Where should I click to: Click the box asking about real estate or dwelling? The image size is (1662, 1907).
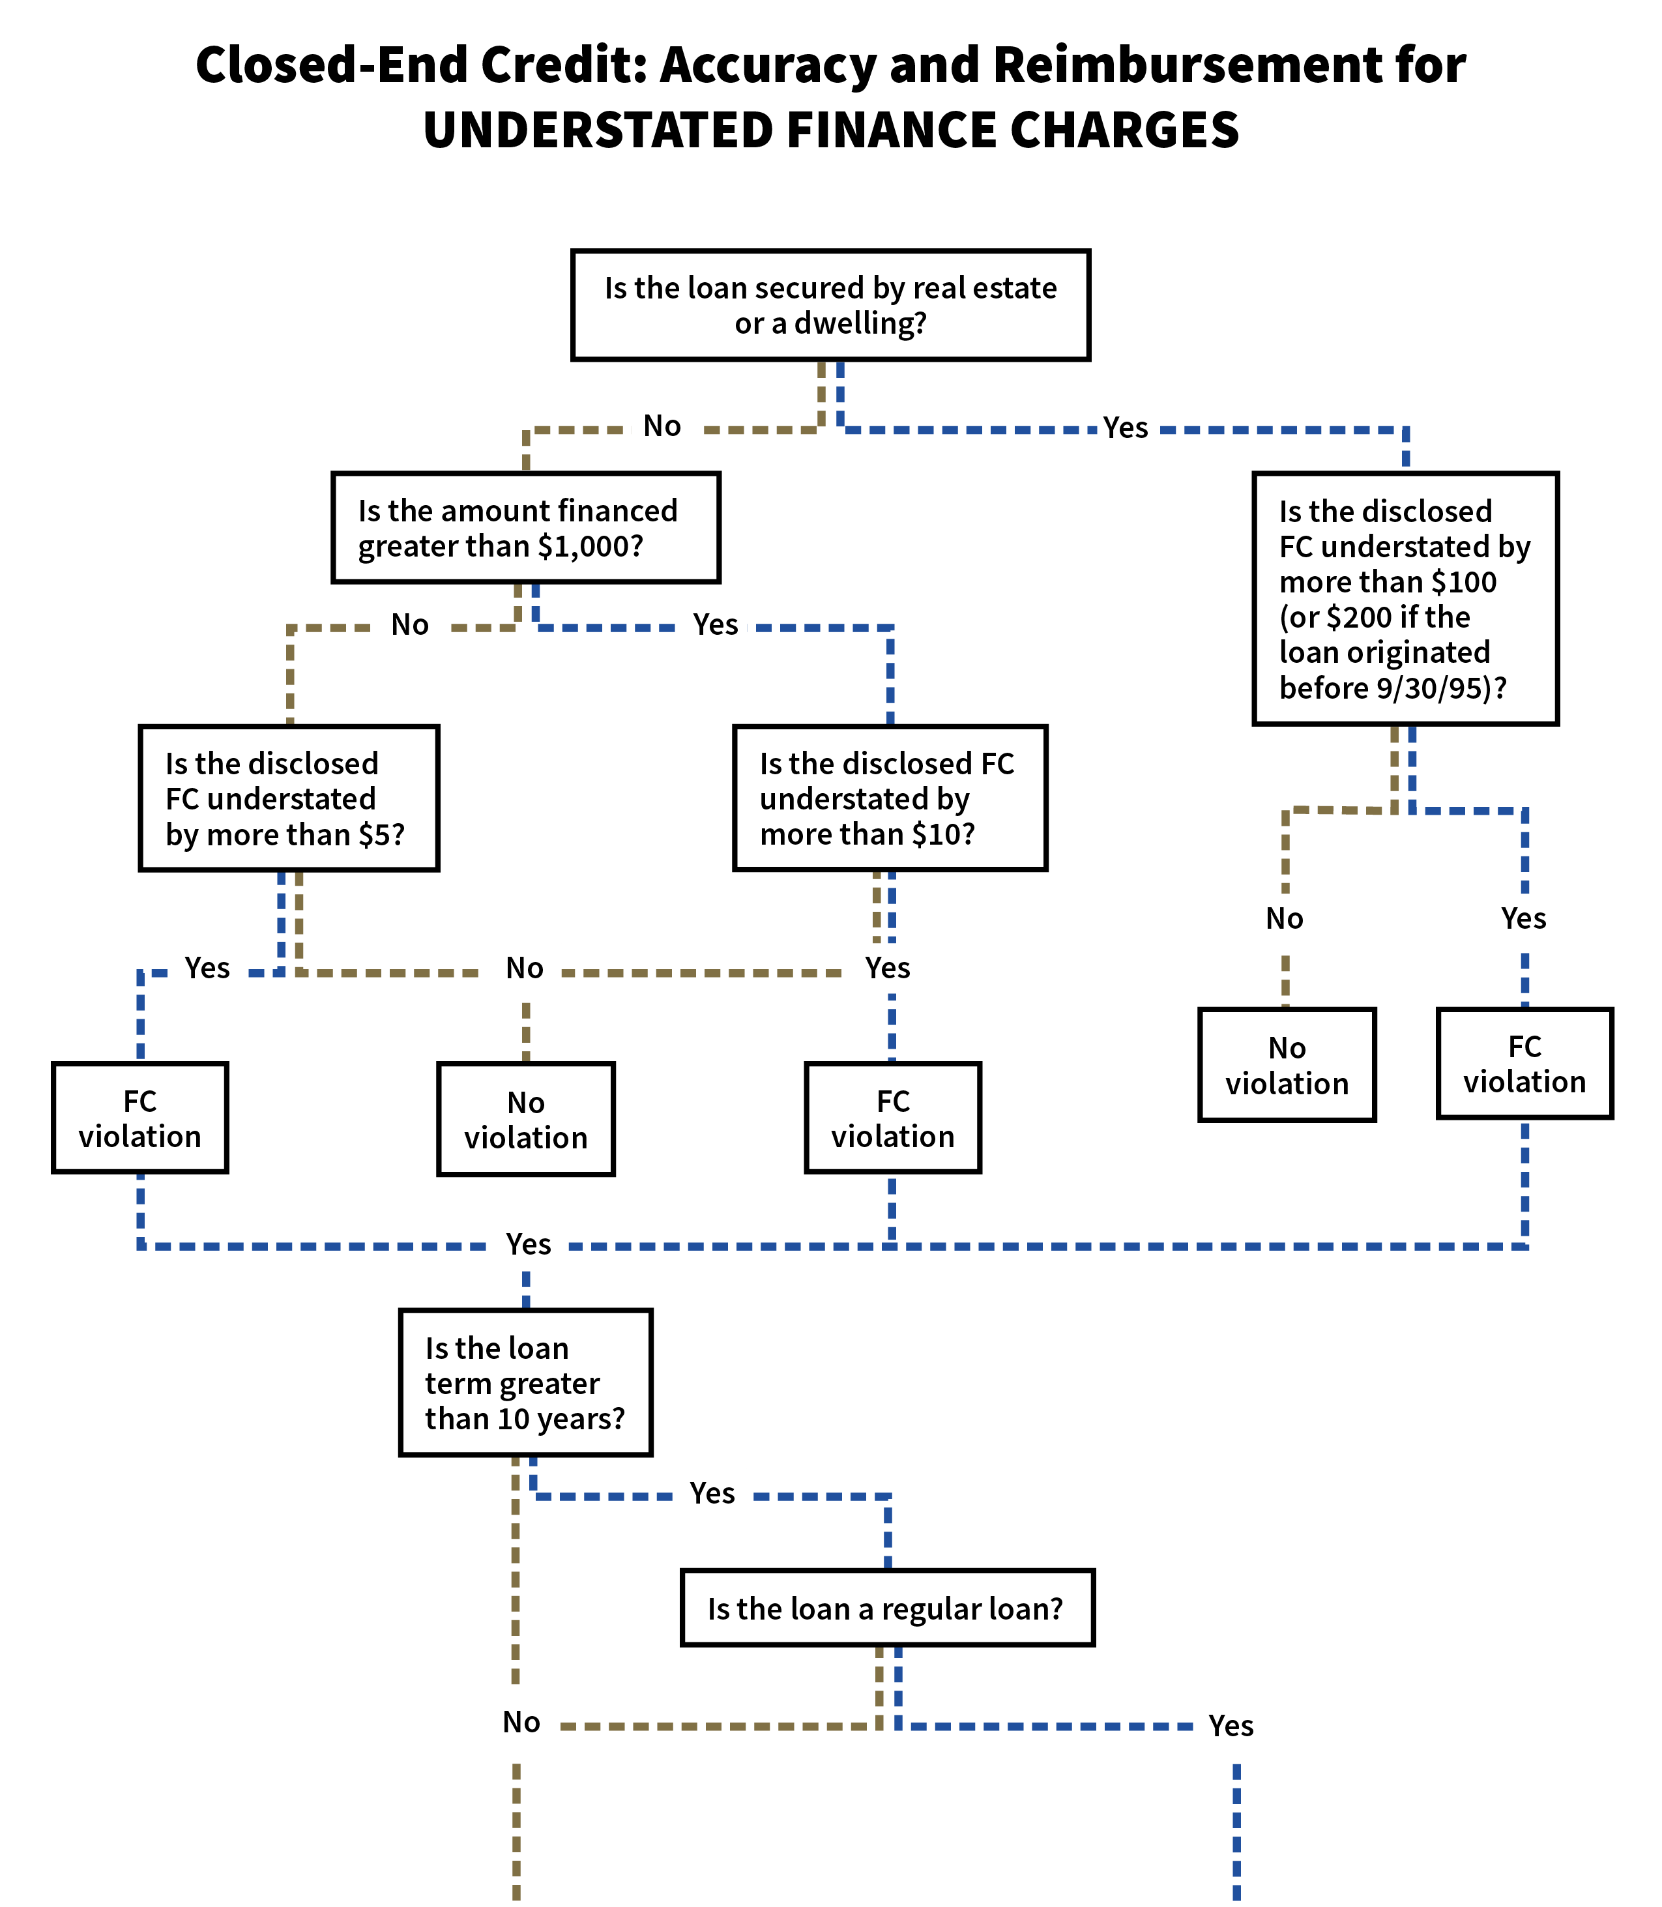pyautogui.click(x=830, y=305)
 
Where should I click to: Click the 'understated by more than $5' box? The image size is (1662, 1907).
pyautogui.click(x=289, y=798)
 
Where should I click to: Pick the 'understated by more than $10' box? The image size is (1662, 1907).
pyautogui.click(x=890, y=798)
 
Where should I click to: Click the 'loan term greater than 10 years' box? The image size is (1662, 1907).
pyautogui.click(x=525, y=1382)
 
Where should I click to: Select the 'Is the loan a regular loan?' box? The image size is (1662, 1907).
pyautogui.click(x=886, y=1609)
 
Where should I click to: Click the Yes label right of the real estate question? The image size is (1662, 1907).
pyautogui.click(x=1126, y=428)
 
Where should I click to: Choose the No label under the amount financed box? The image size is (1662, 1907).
pyautogui.click(x=410, y=624)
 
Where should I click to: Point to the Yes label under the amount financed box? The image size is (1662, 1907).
pyautogui.click(x=714, y=624)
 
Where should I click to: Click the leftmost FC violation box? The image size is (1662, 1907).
pyautogui.click(x=140, y=1118)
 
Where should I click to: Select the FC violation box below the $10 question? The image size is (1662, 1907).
pyautogui.click(x=892, y=1118)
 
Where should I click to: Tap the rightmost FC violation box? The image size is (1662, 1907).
pyautogui.click(x=1524, y=1063)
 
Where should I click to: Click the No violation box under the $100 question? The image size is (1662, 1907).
pyautogui.click(x=1287, y=1065)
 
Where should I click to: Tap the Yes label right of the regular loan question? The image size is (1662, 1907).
pyautogui.click(x=1229, y=1726)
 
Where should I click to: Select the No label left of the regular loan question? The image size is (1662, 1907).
pyautogui.click(x=521, y=1723)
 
